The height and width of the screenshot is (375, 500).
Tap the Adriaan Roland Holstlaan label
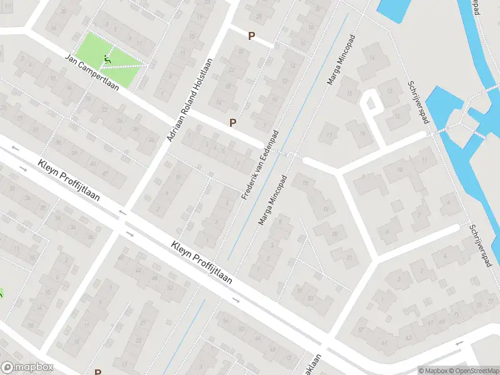[190, 99]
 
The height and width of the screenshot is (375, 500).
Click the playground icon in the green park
[107, 61]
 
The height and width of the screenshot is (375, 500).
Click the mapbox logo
[27, 367]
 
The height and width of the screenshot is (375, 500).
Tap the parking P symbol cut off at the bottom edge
[97, 372]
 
